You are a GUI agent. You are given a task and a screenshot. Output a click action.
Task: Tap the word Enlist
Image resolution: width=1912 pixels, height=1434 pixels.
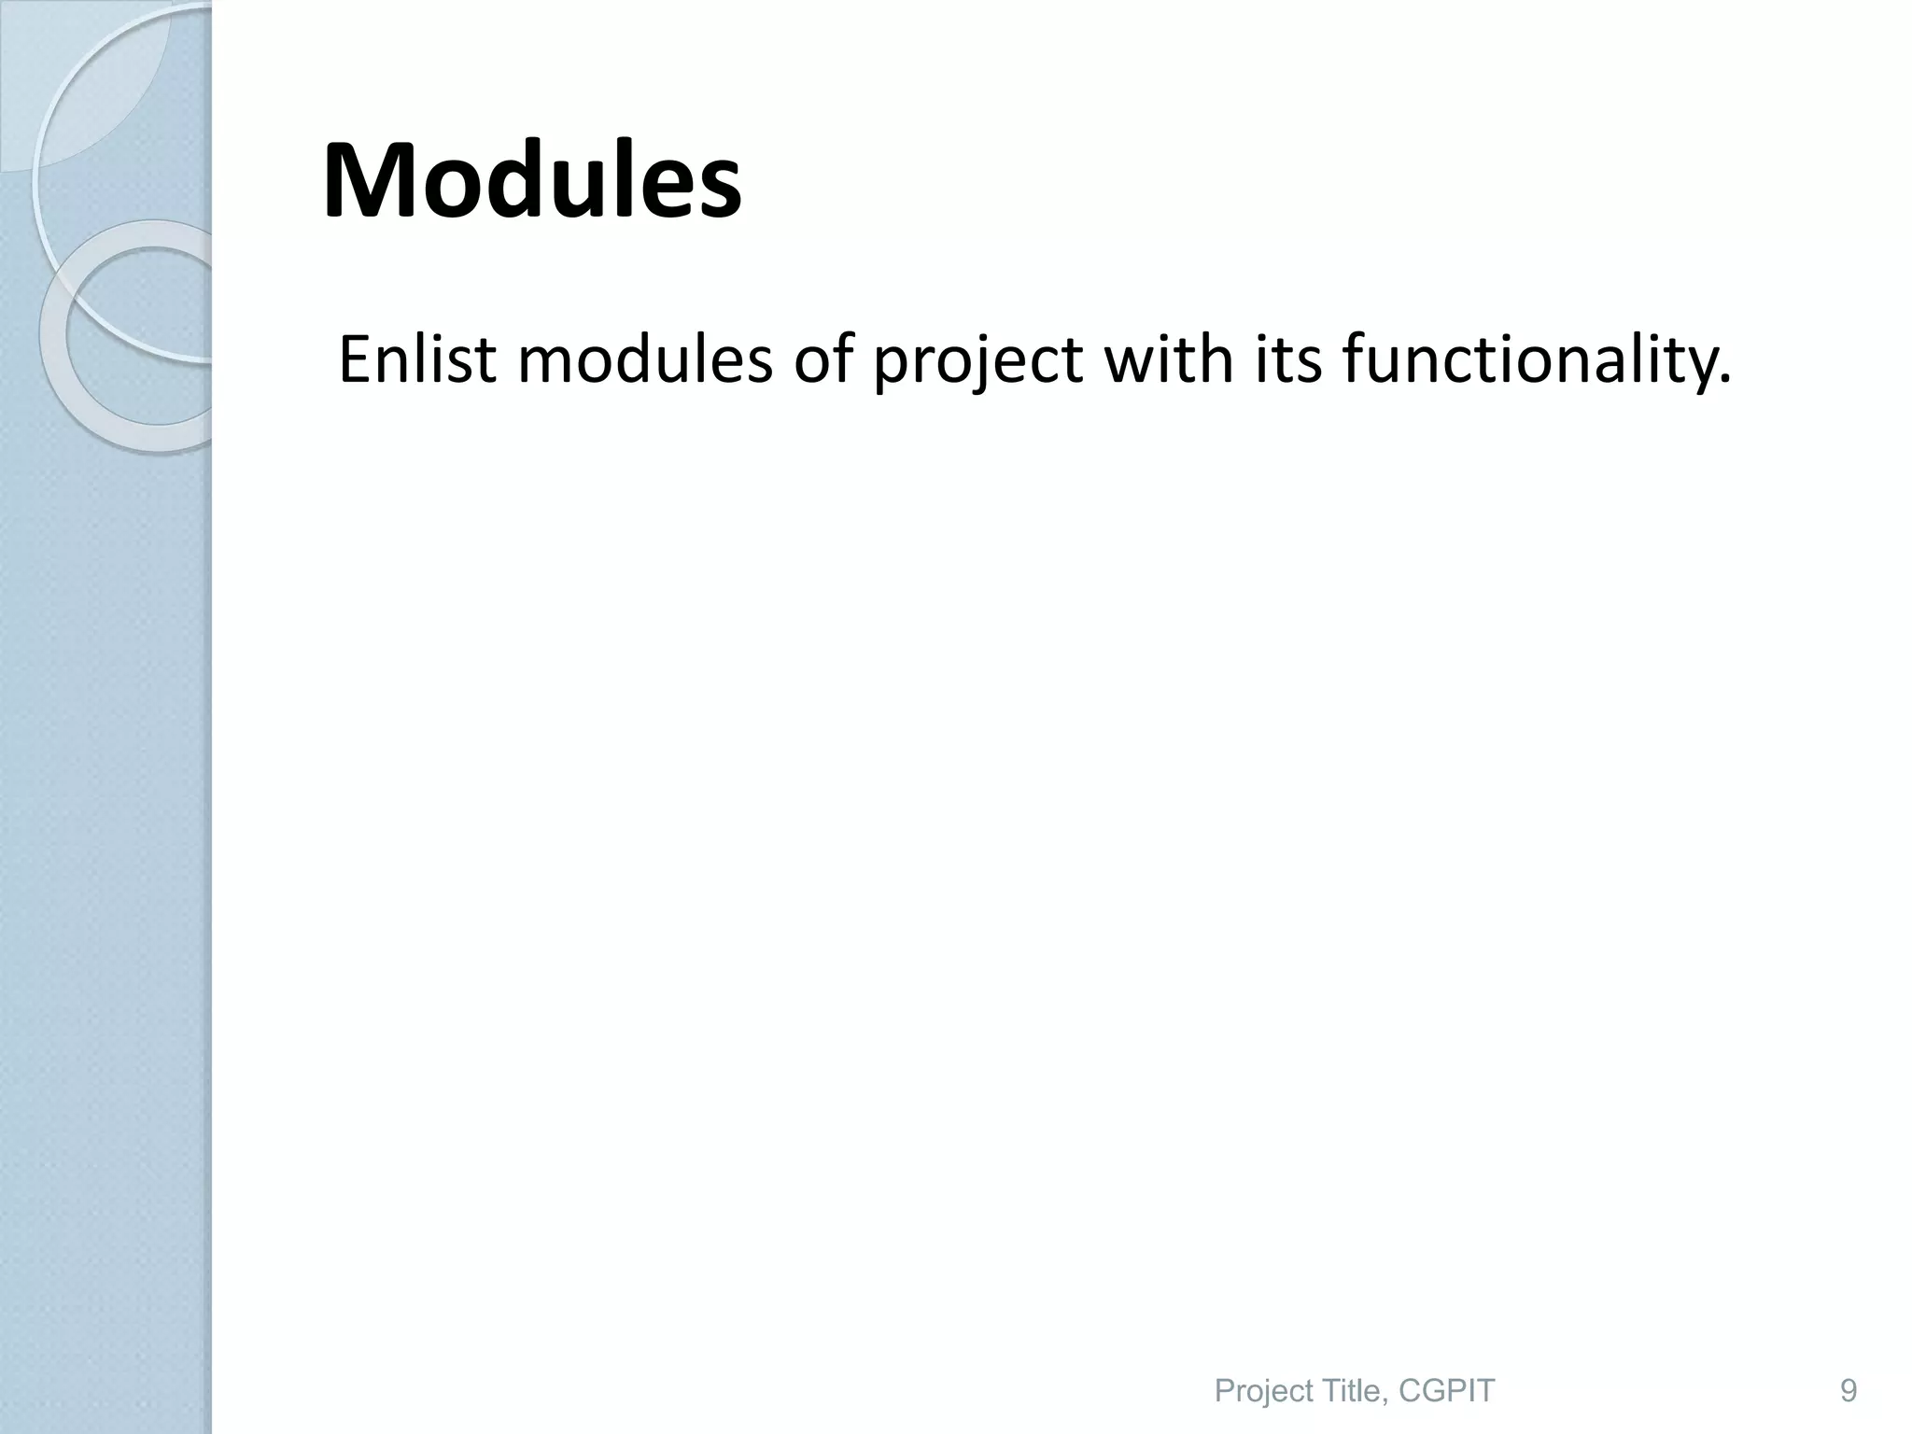(x=417, y=359)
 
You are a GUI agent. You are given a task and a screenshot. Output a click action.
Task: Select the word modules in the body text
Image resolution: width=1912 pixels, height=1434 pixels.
(x=645, y=359)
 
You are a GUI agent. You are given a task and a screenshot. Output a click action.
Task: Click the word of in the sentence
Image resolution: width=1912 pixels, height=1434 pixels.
(x=822, y=359)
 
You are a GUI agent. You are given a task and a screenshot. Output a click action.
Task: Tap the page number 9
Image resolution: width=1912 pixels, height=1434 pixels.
(x=1848, y=1365)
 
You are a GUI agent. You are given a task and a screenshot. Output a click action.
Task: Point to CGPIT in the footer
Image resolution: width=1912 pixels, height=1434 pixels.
(x=1447, y=1365)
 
